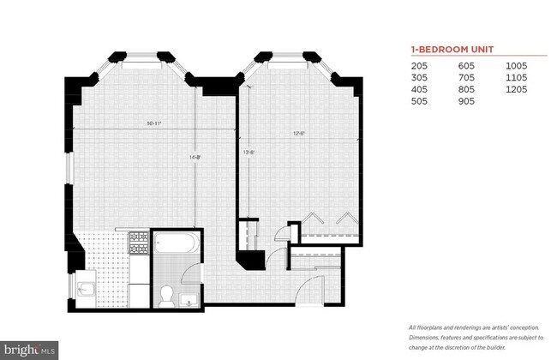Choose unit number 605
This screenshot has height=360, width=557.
tap(466, 66)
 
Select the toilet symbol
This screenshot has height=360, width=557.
tap(167, 295)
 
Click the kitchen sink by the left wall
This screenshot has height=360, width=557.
tap(87, 287)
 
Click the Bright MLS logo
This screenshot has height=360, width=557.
tap(29, 349)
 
